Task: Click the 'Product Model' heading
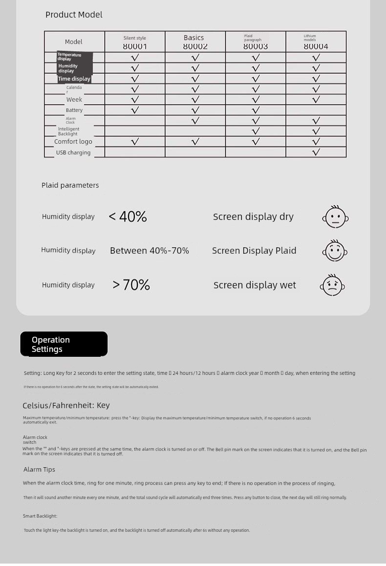point(74,15)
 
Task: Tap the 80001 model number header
point(135,46)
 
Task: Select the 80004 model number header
point(316,46)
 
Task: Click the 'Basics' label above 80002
point(194,38)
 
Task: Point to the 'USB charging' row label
point(73,152)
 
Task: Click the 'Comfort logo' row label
point(73,142)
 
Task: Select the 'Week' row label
point(74,100)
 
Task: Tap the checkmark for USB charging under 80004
point(316,152)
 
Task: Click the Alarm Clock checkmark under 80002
point(195,121)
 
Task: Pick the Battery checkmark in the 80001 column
point(135,110)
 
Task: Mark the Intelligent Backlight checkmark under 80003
point(256,131)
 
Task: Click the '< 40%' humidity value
point(128,217)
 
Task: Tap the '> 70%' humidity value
point(131,284)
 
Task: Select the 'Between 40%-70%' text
point(150,251)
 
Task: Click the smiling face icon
point(335,251)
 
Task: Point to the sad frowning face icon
point(332,285)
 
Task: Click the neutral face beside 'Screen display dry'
point(335,217)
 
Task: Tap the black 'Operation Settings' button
point(64,344)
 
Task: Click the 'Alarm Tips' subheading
point(39,469)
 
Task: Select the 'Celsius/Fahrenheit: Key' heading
point(66,405)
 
